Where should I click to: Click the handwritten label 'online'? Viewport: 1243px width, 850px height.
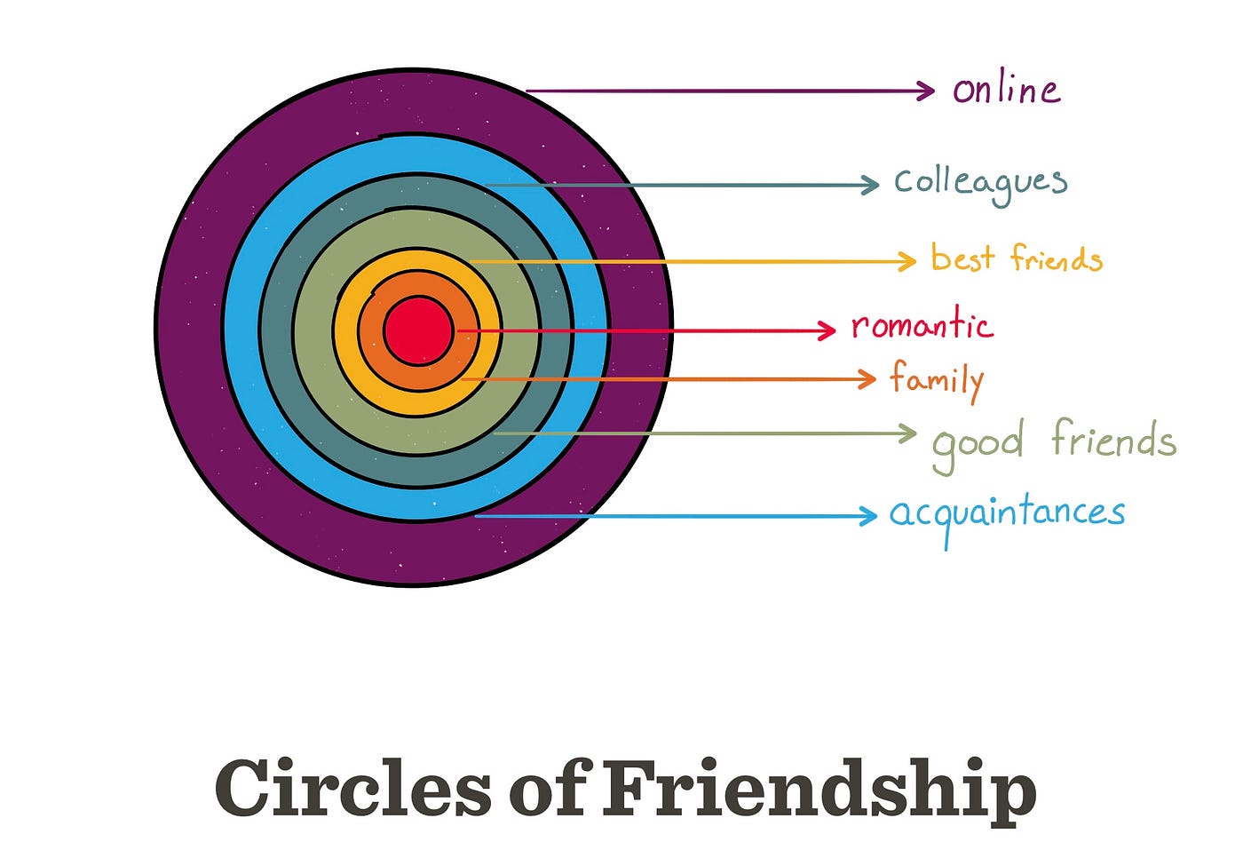coord(1006,89)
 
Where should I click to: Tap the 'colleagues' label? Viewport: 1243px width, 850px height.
coord(980,182)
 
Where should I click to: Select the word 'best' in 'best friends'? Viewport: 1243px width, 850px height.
coord(962,258)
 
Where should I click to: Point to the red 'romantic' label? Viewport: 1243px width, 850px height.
coord(922,325)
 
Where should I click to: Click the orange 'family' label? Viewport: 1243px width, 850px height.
coord(937,380)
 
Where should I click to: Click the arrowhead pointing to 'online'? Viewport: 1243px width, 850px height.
coord(928,90)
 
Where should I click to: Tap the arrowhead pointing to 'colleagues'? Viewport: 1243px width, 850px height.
coord(873,185)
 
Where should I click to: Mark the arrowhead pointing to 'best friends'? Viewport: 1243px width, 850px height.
coord(908,261)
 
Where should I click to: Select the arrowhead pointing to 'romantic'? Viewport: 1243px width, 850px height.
coord(828,330)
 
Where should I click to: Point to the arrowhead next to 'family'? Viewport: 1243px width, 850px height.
coord(869,379)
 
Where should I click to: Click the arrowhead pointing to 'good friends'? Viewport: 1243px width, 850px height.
coord(909,433)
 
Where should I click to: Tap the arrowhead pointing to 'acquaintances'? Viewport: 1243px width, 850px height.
coord(870,515)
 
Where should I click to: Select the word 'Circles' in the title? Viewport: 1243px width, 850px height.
coord(352,788)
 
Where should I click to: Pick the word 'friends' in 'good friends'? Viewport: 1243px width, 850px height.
coord(1113,439)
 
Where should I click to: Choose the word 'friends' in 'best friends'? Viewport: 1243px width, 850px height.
coord(1057,258)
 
